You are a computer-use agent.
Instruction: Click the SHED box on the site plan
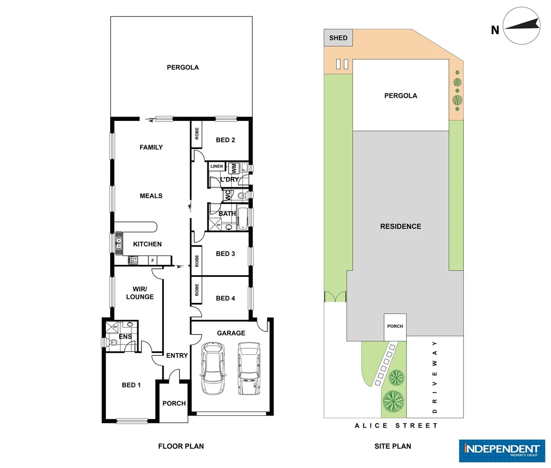tap(338, 38)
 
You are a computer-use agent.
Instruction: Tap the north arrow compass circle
tap(521, 26)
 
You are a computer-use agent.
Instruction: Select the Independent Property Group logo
tap(502, 451)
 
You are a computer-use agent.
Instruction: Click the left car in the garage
tap(213, 368)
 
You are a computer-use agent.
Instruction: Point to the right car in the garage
tap(249, 368)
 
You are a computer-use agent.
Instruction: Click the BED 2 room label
tap(225, 140)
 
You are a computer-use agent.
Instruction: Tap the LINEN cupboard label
tap(216, 166)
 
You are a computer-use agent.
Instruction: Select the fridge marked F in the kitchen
tap(153, 260)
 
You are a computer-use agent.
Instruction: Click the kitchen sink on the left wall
tap(118, 243)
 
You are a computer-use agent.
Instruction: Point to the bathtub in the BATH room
tap(243, 218)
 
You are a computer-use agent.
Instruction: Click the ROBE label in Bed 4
tap(197, 290)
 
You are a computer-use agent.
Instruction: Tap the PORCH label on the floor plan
tap(174, 403)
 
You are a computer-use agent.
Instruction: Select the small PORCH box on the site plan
tap(395, 326)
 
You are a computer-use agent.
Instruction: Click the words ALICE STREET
tap(396, 426)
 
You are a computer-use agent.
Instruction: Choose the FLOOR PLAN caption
tap(181, 446)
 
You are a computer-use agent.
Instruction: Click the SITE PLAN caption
tap(393, 446)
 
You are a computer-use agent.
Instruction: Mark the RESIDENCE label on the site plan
tap(400, 226)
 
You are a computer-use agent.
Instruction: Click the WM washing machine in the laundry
tap(233, 168)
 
